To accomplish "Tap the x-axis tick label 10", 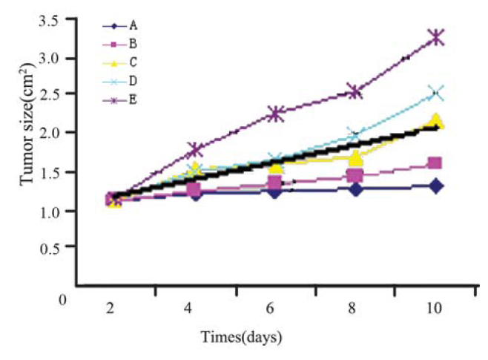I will click(435, 306).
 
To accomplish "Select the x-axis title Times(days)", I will click(242, 338).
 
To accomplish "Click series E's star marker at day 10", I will click(436, 37).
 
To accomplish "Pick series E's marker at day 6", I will click(275, 114).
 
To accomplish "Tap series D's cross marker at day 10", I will click(436, 93).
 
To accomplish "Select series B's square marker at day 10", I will click(436, 163).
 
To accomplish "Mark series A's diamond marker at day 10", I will click(436, 186).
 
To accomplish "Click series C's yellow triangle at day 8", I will click(356, 158).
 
